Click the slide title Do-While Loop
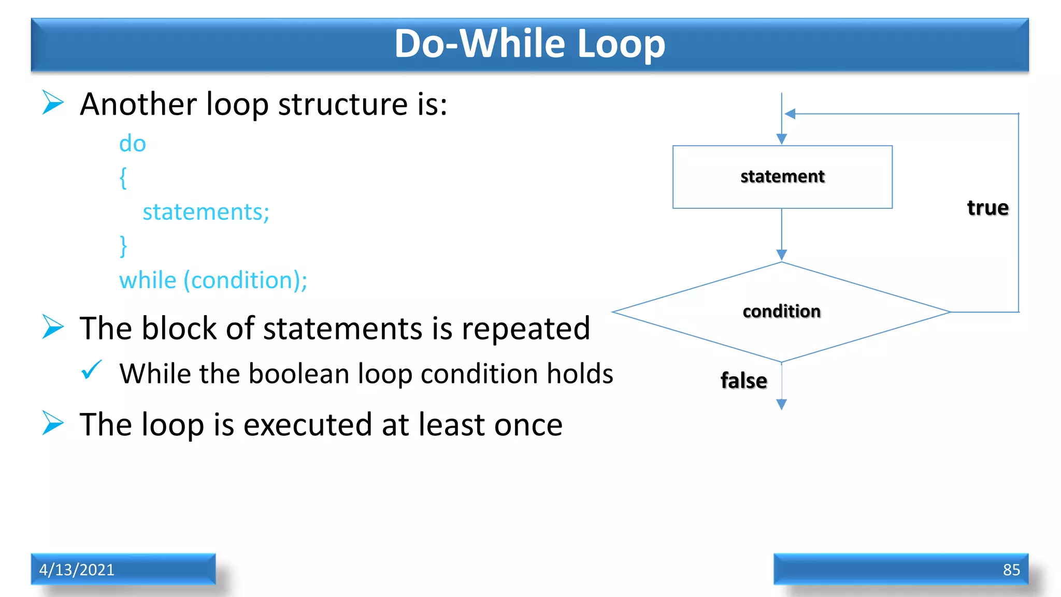pos(529,44)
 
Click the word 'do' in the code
pos(133,144)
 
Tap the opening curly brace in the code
pos(123,178)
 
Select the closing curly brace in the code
pos(123,246)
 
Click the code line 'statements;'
pos(206,212)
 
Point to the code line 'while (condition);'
pos(213,280)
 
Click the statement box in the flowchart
pos(782,177)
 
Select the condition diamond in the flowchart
pos(781,311)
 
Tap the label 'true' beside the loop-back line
pos(987,208)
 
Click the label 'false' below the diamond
pos(743,380)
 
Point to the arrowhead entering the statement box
pos(782,139)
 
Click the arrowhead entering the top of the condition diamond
pos(782,254)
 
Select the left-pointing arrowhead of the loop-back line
pos(790,113)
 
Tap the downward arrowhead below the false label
pos(782,404)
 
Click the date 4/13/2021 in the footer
pos(77,570)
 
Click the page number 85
pos(1011,570)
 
